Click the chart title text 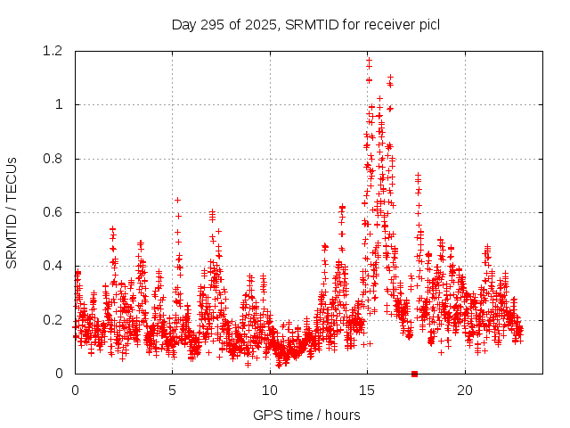(305, 24)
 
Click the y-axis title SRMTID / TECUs (12, 212)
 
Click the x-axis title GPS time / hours (306, 415)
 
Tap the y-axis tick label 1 (59, 104)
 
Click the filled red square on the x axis (414, 373)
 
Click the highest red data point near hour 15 (369, 60)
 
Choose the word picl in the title (427, 24)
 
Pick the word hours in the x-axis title (342, 415)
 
